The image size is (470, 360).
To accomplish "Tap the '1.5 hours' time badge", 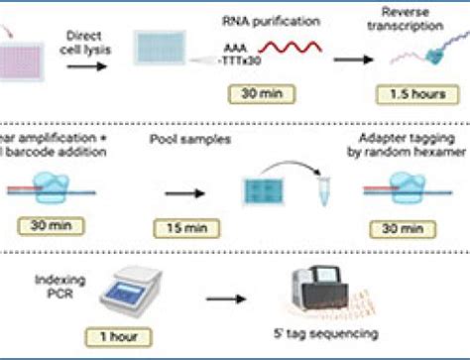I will [x=412, y=95].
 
